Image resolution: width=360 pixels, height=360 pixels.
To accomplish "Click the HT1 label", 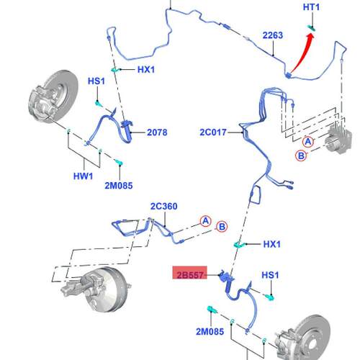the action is pos(311,7).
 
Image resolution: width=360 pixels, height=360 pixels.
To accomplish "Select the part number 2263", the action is pos(273,35).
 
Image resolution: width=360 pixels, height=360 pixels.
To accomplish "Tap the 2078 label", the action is pos(157,132).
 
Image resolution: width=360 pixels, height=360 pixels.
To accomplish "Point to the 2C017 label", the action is pos(213,132).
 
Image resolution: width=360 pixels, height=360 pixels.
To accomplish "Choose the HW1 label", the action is pos(83,176).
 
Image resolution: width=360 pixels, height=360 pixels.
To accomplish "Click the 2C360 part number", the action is pos(164,206).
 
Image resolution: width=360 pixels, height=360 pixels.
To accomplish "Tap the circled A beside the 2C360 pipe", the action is pos(206,221).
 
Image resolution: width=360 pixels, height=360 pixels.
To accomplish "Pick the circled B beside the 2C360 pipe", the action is pos(222,227).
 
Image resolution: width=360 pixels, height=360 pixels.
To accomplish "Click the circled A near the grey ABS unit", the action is pos(308,142).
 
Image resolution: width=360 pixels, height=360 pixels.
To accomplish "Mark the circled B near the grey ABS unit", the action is pos(301,156).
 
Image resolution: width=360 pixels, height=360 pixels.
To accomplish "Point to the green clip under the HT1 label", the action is pos(312,28).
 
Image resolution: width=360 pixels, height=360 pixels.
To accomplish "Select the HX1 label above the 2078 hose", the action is pos(146,70).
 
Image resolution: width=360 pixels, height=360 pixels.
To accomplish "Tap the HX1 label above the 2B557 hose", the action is pos(271,244).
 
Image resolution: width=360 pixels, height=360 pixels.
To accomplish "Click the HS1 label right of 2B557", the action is pos(270,275).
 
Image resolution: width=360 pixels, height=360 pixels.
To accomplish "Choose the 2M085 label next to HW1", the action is pos(119,186).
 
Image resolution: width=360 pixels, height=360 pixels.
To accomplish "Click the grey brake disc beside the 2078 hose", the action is pos(53,96).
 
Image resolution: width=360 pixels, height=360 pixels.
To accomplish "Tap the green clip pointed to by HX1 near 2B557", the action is pos(239,245).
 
